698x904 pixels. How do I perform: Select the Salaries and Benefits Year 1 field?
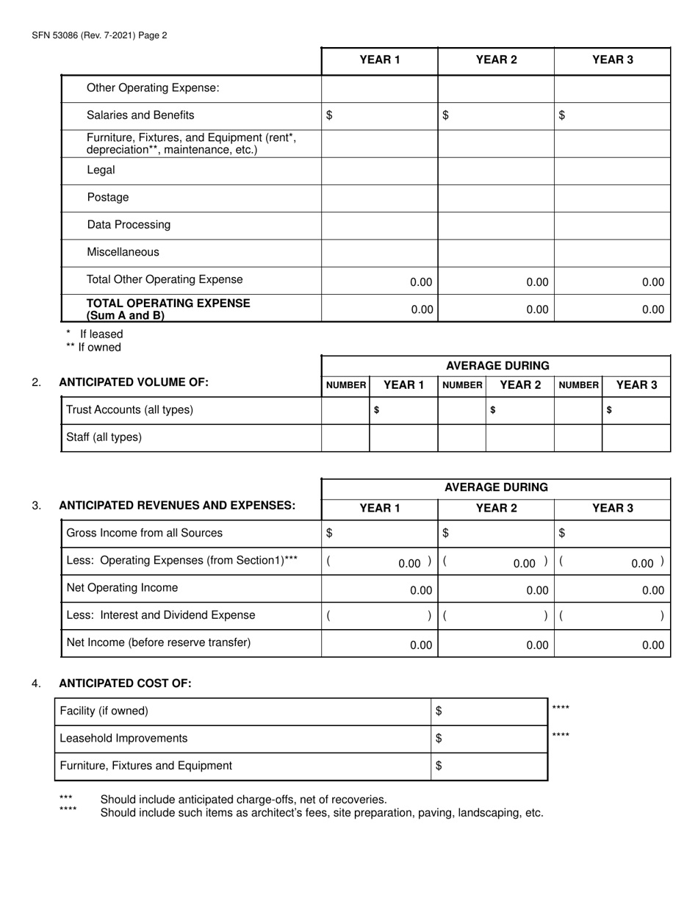tap(380, 115)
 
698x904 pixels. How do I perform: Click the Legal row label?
tap(101, 170)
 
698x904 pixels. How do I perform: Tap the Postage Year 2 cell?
tap(496, 198)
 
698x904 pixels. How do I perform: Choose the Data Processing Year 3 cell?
tap(612, 225)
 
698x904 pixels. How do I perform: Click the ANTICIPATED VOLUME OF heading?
tap(133, 381)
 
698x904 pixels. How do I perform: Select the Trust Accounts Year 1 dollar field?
tap(403, 410)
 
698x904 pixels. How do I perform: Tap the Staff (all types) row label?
tap(104, 437)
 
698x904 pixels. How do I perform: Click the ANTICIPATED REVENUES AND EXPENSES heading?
tap(176, 505)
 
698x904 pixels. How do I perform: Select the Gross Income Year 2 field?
tap(496, 533)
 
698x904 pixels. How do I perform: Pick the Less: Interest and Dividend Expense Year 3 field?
tap(612, 617)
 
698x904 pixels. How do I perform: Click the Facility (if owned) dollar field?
tap(489, 711)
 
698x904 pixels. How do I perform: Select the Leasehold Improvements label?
tap(123, 738)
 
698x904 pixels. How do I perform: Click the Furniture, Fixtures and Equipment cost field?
tap(489, 766)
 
